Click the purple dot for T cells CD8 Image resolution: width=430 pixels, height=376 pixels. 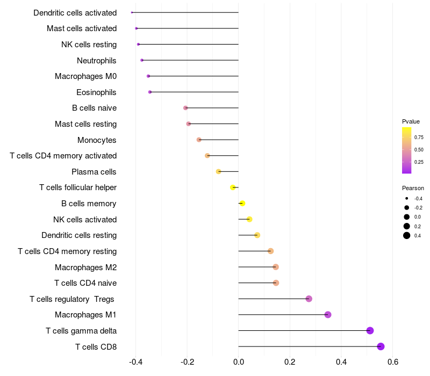(x=381, y=346)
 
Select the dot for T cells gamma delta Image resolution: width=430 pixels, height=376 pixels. (x=370, y=330)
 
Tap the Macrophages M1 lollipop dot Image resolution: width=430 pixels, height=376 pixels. (x=328, y=315)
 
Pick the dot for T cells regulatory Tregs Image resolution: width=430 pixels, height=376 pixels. (x=309, y=299)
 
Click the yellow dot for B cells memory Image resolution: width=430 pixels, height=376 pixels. (x=242, y=204)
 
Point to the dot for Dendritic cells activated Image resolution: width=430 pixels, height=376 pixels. (x=132, y=12)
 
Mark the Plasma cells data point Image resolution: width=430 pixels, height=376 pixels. (x=218, y=171)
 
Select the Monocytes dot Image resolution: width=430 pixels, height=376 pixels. (x=199, y=140)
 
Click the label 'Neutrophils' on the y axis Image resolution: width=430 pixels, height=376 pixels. (x=97, y=60)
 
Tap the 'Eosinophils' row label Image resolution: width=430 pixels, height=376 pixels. (x=97, y=92)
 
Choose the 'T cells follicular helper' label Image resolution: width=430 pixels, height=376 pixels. (x=78, y=187)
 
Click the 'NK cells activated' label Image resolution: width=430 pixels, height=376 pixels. (x=85, y=219)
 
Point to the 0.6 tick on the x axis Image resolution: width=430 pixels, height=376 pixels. (x=393, y=361)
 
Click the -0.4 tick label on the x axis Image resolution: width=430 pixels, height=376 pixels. (x=135, y=361)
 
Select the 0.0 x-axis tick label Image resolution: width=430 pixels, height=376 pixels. (x=239, y=361)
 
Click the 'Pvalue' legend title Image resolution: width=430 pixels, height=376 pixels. (x=411, y=121)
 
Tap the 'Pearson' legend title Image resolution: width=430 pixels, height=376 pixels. (x=413, y=188)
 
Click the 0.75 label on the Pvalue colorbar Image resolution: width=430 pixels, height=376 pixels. (x=419, y=137)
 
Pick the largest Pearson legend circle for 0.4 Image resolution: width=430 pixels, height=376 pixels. (x=407, y=235)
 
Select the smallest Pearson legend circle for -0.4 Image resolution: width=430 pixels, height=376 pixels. (x=407, y=198)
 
